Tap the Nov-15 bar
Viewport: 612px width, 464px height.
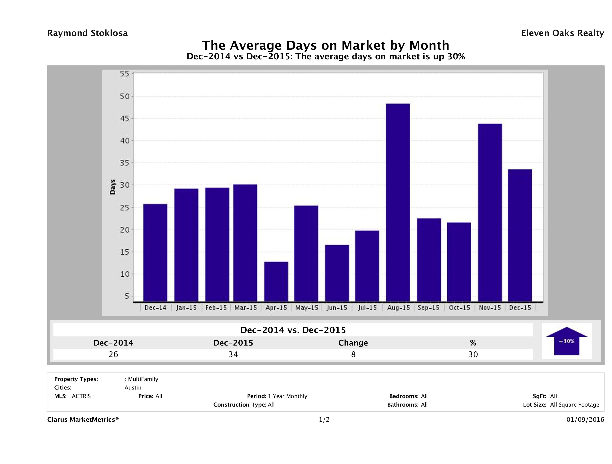point(490,213)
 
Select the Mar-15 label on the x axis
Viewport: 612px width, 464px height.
point(245,308)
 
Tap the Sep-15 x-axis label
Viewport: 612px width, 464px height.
point(429,308)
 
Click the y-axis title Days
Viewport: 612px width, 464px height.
point(113,187)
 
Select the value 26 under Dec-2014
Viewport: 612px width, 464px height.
point(113,354)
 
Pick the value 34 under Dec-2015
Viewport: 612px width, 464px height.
point(233,354)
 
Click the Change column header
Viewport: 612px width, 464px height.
point(353,343)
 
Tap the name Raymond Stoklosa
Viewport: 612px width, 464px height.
point(87,33)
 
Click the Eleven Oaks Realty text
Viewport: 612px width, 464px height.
point(562,33)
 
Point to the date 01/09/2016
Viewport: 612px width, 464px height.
point(585,420)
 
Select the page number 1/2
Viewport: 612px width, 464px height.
point(324,420)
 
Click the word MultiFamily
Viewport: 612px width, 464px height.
point(143,379)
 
